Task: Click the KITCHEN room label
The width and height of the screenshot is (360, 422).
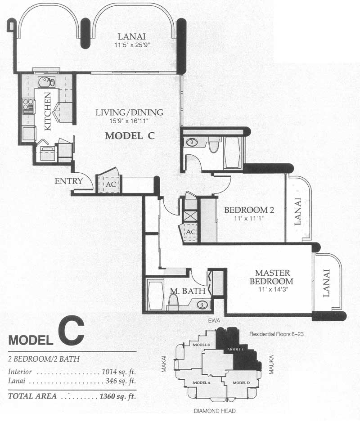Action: coord(47,111)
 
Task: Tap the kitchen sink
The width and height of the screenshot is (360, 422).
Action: coord(47,82)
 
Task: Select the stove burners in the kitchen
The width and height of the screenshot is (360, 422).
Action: coord(28,106)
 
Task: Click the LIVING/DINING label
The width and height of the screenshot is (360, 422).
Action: coord(129,112)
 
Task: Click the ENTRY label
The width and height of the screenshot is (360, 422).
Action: coord(69,181)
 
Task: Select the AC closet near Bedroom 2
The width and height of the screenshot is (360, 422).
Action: coord(190,232)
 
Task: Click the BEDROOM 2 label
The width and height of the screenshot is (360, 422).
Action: coord(249,210)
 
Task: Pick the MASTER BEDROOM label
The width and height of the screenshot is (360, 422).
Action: coord(271,277)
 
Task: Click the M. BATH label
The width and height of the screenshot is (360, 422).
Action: coord(188,291)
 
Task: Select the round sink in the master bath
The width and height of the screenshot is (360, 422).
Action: coord(203,305)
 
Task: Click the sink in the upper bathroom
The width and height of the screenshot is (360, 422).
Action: coord(191,142)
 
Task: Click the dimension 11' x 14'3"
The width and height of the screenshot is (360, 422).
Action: coord(272,290)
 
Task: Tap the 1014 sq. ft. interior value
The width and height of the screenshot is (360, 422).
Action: coord(118,372)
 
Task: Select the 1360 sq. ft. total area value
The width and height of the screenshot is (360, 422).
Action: coord(117,396)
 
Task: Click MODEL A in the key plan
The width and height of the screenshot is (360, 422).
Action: coord(202,383)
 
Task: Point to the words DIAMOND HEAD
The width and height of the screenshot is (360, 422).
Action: coord(215,411)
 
